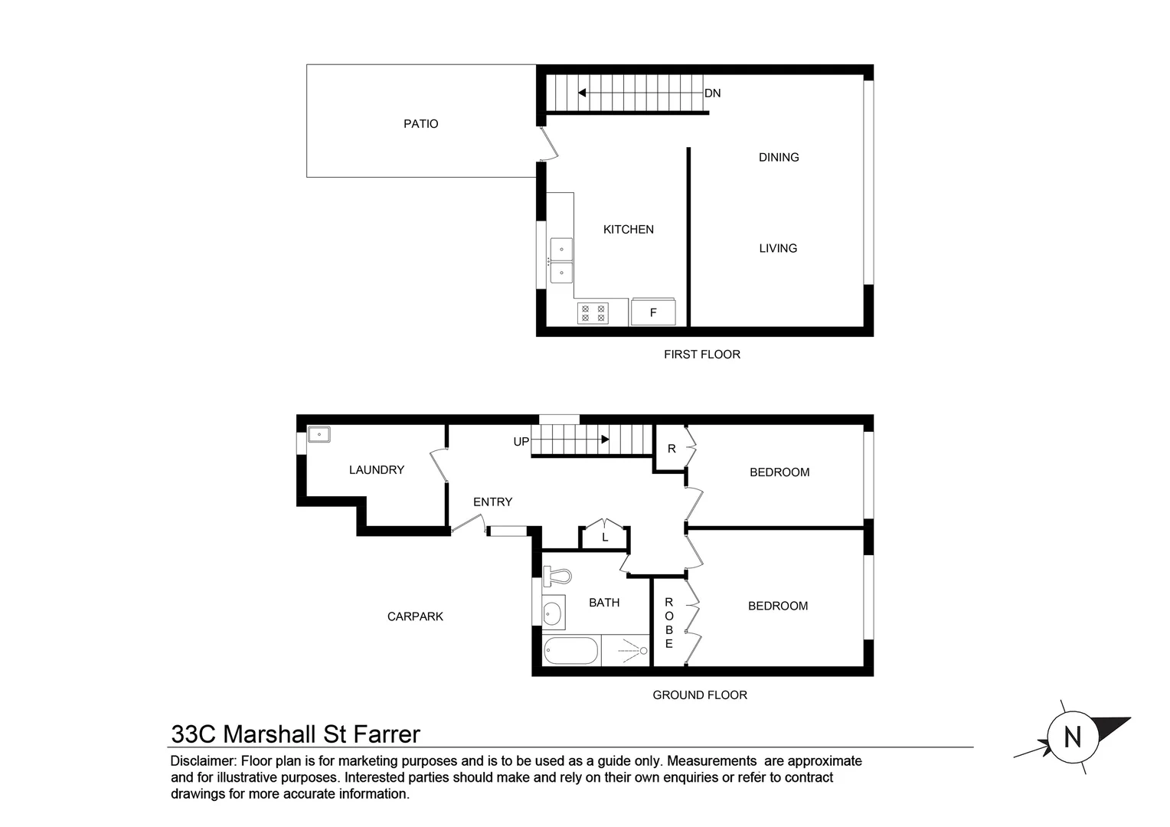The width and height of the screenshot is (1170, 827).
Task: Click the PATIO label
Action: click(x=420, y=124)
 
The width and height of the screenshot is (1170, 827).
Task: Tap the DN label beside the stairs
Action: click(x=712, y=93)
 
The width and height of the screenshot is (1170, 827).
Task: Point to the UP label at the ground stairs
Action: click(x=521, y=442)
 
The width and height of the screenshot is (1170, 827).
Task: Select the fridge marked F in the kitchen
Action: click(x=653, y=312)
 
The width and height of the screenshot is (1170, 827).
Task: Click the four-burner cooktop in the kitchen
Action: click(x=593, y=313)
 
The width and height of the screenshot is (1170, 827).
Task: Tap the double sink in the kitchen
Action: click(x=561, y=260)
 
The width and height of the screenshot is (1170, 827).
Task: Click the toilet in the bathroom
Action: click(x=557, y=577)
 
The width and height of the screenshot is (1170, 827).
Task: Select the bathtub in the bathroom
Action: click(x=570, y=651)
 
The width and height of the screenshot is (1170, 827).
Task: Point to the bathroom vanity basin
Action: click(x=553, y=612)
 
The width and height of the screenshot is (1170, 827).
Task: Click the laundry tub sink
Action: click(x=319, y=434)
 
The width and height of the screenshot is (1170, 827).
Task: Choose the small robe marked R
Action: click(x=672, y=448)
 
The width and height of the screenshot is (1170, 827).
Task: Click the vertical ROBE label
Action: click(x=668, y=623)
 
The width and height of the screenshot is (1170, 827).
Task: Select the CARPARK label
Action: click(x=415, y=616)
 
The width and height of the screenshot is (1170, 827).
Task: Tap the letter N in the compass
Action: click(x=1073, y=737)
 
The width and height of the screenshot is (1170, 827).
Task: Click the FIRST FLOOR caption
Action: click(x=702, y=355)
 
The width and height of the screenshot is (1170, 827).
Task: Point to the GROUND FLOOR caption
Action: click(x=700, y=695)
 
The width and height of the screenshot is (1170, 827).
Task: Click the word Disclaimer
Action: click(x=204, y=761)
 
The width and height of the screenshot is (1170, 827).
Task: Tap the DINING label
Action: click(x=779, y=157)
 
